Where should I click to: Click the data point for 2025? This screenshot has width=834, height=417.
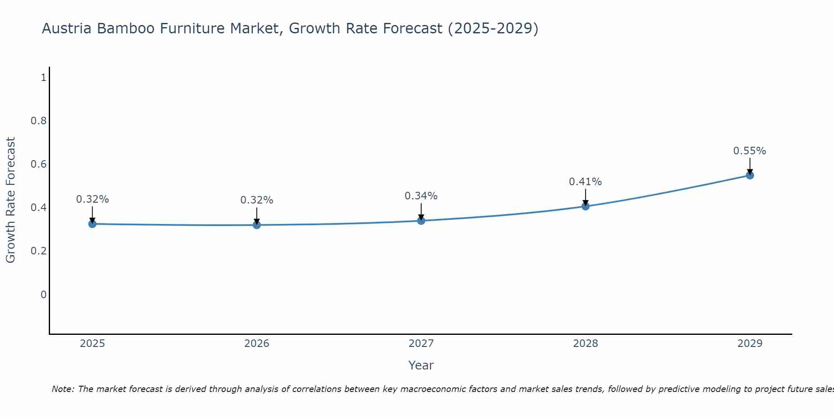point(92,224)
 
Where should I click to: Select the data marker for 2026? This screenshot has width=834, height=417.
point(257,225)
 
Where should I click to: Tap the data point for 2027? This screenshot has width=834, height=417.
point(421,221)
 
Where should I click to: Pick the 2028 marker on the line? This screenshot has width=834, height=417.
point(585,206)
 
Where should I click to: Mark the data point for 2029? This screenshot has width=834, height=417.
point(750,175)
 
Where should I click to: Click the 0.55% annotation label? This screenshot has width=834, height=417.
point(749,151)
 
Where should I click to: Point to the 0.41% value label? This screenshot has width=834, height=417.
point(585,182)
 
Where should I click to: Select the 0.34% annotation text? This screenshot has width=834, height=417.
point(421,196)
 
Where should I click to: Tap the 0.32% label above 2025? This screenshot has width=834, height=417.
point(92,199)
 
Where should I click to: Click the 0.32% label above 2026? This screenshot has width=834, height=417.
point(256,200)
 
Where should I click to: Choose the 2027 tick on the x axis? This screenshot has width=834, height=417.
point(421,344)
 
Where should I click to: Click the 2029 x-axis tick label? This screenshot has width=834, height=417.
point(750,344)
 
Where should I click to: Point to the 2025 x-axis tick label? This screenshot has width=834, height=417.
point(92,344)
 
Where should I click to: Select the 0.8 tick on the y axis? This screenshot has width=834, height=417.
point(38,121)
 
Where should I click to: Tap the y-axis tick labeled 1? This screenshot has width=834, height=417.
point(43,77)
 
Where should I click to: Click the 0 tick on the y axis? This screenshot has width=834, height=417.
point(43,295)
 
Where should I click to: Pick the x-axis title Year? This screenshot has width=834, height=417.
point(421,365)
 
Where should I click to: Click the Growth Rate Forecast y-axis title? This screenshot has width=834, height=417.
point(10,200)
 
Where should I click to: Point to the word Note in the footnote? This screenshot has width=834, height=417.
point(63,389)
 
